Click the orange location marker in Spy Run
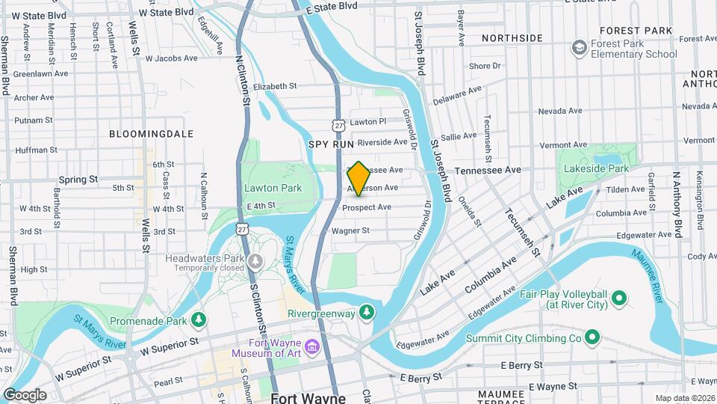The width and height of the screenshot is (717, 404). [358, 178]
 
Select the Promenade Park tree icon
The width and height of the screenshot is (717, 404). [199, 321]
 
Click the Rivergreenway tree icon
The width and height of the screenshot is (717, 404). [366, 310]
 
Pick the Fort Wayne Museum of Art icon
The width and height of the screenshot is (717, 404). [312, 347]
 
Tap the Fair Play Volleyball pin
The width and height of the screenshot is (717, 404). [618, 299]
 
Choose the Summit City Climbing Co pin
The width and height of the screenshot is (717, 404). [592, 338]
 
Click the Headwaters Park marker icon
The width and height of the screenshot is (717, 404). [256, 260]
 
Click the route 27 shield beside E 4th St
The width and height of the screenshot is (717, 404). [240, 227]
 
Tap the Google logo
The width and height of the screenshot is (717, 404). [25, 395]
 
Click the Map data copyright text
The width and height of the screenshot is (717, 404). [685, 398]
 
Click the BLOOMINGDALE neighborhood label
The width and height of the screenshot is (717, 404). [151, 134]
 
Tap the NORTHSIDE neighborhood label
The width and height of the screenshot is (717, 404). [512, 37]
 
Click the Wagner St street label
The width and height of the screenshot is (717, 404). [350, 231]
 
